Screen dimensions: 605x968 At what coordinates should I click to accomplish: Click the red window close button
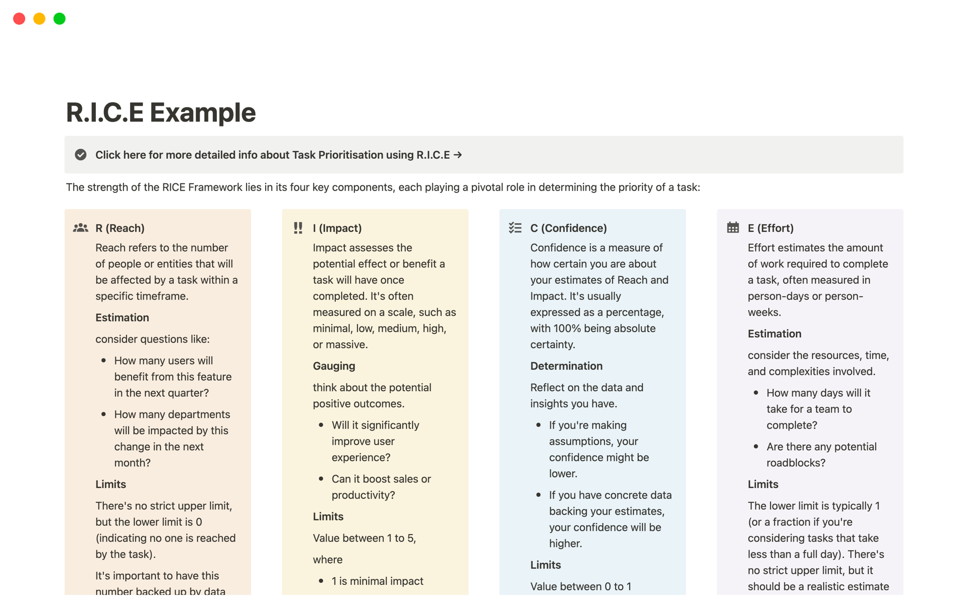click(x=19, y=19)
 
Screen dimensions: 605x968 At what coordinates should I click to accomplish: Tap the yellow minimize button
click(x=39, y=19)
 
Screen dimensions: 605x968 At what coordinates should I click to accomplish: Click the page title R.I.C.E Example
click(x=161, y=112)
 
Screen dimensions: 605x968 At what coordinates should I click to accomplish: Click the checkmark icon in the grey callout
click(x=81, y=155)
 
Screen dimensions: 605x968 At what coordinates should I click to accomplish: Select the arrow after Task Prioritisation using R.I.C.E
click(x=458, y=155)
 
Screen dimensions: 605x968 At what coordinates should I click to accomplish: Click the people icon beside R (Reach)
click(x=81, y=228)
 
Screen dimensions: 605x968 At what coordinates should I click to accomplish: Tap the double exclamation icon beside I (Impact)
click(x=298, y=228)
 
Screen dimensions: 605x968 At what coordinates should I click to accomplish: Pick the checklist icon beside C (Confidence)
click(x=515, y=228)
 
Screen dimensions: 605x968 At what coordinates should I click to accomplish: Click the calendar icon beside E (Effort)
click(x=733, y=228)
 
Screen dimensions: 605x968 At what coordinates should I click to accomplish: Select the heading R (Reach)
click(x=120, y=228)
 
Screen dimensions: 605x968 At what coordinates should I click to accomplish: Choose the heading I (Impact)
click(x=337, y=228)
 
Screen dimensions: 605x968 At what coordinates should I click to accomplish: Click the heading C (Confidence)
click(x=568, y=228)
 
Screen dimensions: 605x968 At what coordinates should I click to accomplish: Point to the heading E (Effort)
click(x=770, y=228)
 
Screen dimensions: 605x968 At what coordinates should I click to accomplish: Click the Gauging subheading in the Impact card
click(x=334, y=366)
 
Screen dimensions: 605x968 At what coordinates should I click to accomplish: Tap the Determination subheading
click(x=566, y=366)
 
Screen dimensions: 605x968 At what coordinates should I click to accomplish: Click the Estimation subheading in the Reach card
click(x=122, y=318)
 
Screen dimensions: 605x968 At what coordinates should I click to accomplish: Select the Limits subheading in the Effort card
click(x=763, y=485)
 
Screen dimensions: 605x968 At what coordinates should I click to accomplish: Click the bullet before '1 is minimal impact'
click(x=321, y=581)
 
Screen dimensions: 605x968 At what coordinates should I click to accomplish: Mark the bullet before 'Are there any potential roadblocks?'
click(x=756, y=446)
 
